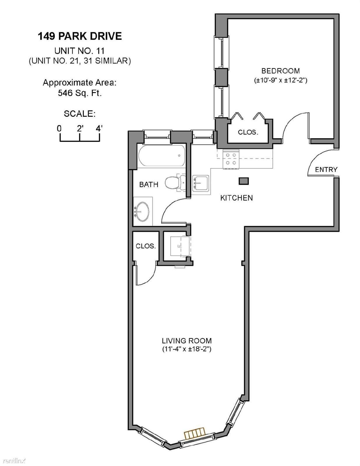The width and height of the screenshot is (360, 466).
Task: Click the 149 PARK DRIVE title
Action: pos(80,36)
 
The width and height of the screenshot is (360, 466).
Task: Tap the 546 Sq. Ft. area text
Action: pos(80,93)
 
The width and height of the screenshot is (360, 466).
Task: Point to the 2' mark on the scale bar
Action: pos(80,129)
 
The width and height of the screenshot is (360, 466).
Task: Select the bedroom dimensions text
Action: pos(280,81)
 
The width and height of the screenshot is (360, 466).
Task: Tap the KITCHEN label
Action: pos(237,198)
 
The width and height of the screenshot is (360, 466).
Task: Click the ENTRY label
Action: pos(326,170)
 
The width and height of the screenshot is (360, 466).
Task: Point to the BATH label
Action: pos(149,184)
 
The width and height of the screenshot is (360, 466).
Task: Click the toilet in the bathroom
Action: pos(175,183)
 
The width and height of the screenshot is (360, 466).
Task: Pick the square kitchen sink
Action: pos(201,183)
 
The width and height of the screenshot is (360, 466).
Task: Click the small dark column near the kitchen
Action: pos(244,181)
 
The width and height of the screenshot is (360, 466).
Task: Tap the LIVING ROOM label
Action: pos(187,341)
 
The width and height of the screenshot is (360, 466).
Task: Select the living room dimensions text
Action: pos(187,349)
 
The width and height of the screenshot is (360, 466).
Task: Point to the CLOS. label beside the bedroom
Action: pos(248,132)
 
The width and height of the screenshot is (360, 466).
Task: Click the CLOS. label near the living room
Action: pos(146,246)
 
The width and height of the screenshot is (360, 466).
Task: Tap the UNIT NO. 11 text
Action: pos(80,51)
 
